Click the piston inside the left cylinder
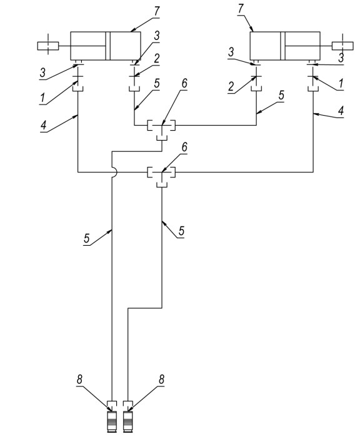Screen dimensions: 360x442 (x=107, y=46)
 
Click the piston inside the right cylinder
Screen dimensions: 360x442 (x=282, y=46)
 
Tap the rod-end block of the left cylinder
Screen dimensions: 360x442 (x=48, y=46)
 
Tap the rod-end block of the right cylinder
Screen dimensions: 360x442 (x=342, y=46)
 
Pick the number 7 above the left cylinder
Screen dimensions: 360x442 (x=156, y=11)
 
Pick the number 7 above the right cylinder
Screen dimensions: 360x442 (x=240, y=9)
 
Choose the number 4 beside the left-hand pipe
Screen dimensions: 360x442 (x=43, y=125)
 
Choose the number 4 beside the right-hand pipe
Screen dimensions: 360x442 (x=341, y=111)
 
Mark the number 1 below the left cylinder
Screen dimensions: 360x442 (x=42, y=98)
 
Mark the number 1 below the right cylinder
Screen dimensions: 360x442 (x=341, y=84)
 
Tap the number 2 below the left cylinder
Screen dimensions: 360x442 (x=156, y=59)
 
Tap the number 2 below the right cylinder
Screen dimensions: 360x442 (x=231, y=86)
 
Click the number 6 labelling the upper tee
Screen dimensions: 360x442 (x=184, y=83)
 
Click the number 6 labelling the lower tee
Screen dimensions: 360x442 (x=184, y=148)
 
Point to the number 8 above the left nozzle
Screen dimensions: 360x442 (x=80, y=379)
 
